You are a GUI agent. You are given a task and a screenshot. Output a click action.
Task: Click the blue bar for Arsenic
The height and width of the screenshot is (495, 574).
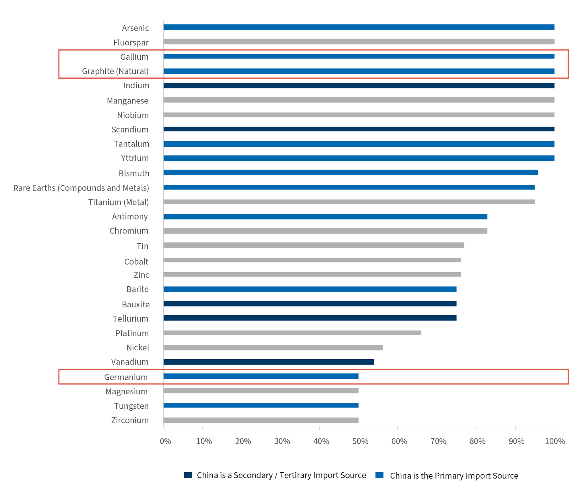point(359,27)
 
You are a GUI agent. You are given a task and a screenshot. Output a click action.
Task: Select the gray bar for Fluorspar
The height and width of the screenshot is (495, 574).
point(359,42)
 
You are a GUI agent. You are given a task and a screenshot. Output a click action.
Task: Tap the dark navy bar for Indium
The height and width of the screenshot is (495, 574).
point(359,86)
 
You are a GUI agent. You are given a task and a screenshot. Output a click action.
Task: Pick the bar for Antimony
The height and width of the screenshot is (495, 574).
point(325,217)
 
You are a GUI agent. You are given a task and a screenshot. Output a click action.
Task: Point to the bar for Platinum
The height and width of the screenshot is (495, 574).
point(292,333)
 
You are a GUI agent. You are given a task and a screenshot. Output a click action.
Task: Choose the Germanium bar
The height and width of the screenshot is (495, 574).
point(261,376)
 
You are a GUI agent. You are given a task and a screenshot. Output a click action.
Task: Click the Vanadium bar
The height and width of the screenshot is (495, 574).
point(269,362)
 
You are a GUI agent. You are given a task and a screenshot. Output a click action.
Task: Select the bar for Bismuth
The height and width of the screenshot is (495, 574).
point(351,173)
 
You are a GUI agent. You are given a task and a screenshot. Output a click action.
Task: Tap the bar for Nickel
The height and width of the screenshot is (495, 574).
point(273,348)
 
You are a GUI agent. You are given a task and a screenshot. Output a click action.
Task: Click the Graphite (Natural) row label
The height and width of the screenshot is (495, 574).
point(115,71)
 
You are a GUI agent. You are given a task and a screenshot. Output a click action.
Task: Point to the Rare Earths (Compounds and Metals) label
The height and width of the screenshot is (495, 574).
point(81,188)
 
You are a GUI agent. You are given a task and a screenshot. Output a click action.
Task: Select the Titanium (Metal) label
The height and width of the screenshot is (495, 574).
point(119,202)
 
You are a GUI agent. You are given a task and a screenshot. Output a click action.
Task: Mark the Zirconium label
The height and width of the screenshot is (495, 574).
point(130,420)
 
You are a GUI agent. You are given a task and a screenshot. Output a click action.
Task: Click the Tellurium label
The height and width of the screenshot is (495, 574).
point(131,319)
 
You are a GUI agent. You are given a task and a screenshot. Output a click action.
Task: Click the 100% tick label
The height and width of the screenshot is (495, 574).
point(555,441)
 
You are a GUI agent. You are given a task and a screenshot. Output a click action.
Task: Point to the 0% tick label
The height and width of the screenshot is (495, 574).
point(165,441)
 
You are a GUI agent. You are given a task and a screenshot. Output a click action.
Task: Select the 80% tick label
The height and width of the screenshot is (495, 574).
point(477,441)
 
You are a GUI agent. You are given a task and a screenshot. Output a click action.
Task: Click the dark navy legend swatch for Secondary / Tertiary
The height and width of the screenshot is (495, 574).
point(188,475)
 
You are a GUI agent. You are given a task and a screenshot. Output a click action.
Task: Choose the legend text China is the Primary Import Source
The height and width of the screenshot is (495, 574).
point(454,476)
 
